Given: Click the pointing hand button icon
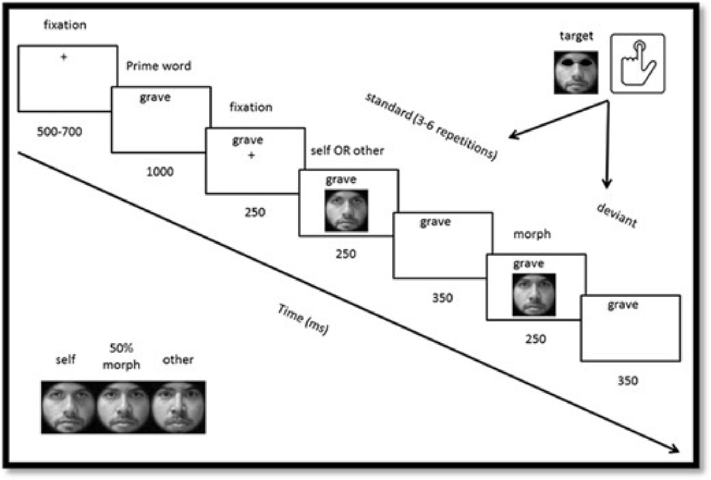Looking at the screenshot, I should pyautogui.click(x=637, y=64).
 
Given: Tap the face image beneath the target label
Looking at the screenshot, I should pyautogui.click(x=576, y=73).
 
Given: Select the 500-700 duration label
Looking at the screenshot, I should pyautogui.click(x=59, y=132).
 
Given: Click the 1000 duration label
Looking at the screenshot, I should pyautogui.click(x=160, y=172).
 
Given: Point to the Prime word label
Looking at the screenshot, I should pyautogui.click(x=159, y=66).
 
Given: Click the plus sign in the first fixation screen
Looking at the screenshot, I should pyautogui.click(x=64, y=57).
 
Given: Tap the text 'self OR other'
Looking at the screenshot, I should pyautogui.click(x=347, y=151).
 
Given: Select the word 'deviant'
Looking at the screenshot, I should pyautogui.click(x=616, y=215).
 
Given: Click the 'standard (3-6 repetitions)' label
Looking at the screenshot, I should pyautogui.click(x=431, y=127).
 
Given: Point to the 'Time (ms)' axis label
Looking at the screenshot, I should pyautogui.click(x=303, y=319).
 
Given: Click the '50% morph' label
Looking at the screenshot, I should pyautogui.click(x=121, y=356).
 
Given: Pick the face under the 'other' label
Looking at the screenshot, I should pyautogui.click(x=178, y=407).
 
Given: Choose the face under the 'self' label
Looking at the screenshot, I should pyautogui.click(x=68, y=407).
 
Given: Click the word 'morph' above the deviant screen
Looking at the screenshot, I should pyautogui.click(x=532, y=234).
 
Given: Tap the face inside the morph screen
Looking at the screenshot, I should pyautogui.click(x=534, y=295).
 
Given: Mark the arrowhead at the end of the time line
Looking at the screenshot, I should pyautogui.click(x=674, y=450).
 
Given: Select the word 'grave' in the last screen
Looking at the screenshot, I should pyautogui.click(x=623, y=305).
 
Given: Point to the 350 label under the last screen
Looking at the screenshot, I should pyautogui.click(x=627, y=381).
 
